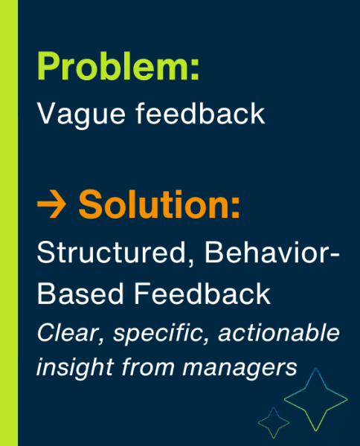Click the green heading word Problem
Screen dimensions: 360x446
[x=112, y=67]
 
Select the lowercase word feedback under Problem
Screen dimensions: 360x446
[x=200, y=113]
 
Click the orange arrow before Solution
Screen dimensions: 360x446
[x=51, y=204]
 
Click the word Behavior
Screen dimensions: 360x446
[x=266, y=252]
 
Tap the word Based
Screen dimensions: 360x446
[x=80, y=294]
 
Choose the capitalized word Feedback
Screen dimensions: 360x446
[x=202, y=293]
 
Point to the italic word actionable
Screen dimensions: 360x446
[x=279, y=332]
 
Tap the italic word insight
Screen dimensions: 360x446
[x=75, y=367]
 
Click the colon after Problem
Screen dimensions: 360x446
[x=194, y=71]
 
